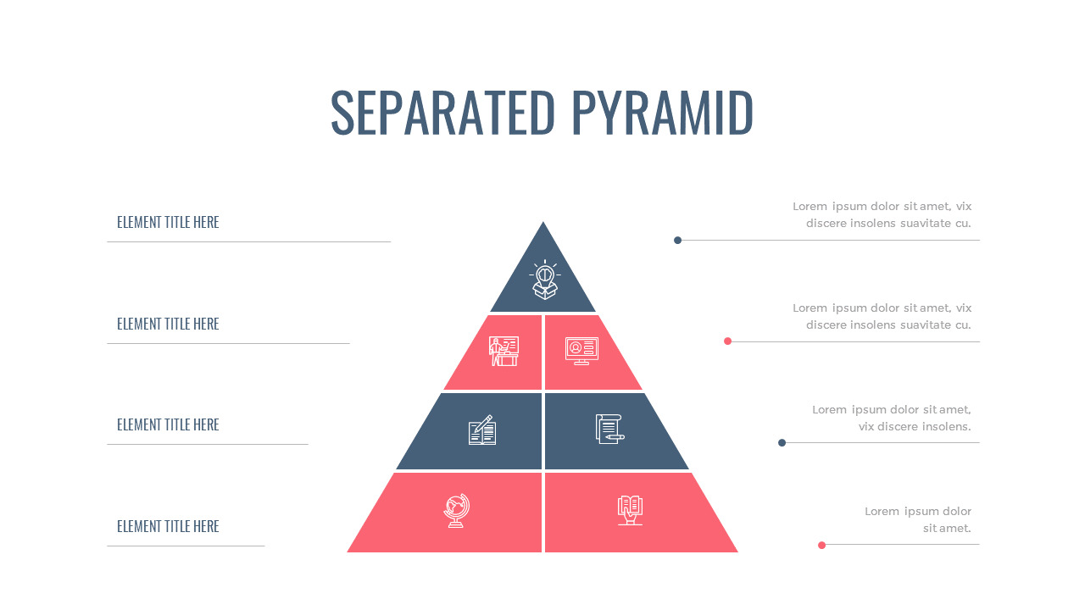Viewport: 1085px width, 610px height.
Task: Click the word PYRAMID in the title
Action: point(662,112)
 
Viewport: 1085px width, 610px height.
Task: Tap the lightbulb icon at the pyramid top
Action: point(543,280)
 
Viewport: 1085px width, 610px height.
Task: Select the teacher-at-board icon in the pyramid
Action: point(504,351)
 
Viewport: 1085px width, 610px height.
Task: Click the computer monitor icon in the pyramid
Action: point(581,351)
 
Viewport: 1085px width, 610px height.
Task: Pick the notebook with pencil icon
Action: point(482,430)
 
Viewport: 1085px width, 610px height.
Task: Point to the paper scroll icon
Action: point(609,429)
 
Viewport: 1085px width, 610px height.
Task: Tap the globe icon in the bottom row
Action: point(456,511)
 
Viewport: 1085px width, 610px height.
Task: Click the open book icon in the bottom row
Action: point(630,510)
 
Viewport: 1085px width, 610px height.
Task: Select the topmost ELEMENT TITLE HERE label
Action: point(168,222)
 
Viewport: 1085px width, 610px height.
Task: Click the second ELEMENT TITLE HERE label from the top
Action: point(168,324)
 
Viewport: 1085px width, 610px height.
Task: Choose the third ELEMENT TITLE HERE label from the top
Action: point(168,424)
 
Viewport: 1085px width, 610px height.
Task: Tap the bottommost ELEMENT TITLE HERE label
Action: point(168,526)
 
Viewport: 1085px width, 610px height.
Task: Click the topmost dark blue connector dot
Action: point(677,240)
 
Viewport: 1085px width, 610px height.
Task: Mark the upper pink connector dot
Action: point(727,341)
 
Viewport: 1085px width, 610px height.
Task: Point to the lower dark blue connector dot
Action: point(782,442)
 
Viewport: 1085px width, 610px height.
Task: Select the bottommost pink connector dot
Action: point(821,545)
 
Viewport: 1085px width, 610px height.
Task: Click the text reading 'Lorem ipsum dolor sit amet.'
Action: point(918,519)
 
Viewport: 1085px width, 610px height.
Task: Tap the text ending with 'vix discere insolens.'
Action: point(892,418)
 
